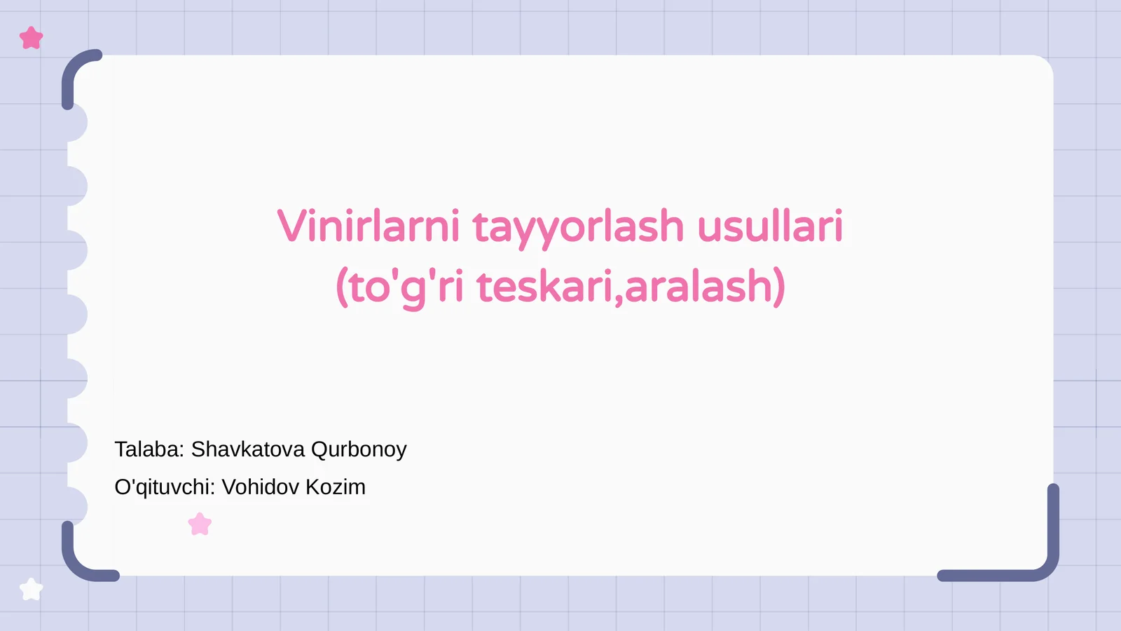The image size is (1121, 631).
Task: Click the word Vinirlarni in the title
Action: click(369, 226)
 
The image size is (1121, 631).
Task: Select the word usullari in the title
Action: click(770, 226)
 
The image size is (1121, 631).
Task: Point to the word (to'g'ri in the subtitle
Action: click(399, 287)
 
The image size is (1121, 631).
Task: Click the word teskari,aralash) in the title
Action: click(631, 287)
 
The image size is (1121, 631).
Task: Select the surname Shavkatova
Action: click(248, 449)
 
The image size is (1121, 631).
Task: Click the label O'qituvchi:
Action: click(165, 487)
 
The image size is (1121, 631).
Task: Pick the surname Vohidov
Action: click(260, 487)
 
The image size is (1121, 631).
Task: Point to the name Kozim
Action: click(336, 487)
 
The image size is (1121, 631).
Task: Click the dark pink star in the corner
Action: click(32, 38)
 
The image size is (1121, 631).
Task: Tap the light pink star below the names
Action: click(200, 524)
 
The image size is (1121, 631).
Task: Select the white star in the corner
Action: click(31, 589)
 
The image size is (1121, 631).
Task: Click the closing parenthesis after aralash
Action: click(779, 287)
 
